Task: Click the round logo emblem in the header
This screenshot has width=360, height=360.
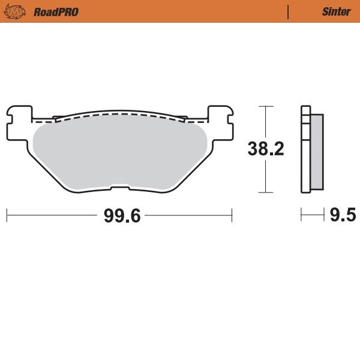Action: pos(20,11)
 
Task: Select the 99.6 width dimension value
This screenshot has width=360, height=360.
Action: pos(122,215)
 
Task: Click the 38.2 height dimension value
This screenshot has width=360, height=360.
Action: pos(266,149)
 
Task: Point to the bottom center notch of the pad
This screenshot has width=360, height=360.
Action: pos(119,190)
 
